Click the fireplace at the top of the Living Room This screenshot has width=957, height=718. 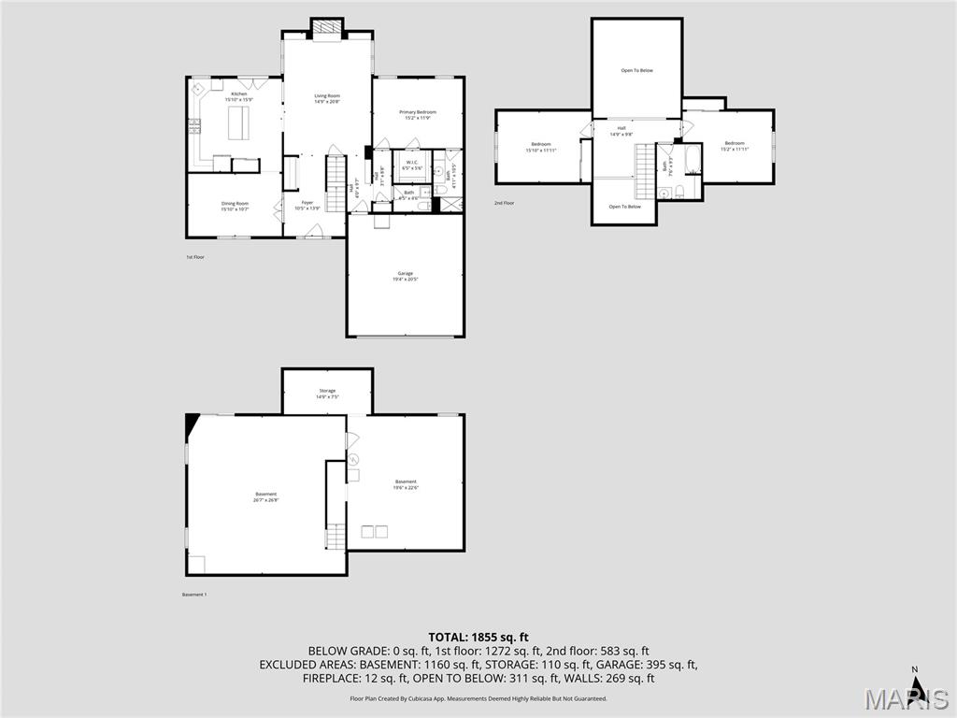[327, 29]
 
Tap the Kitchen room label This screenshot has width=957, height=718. [239, 94]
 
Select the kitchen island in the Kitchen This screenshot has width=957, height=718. [239, 122]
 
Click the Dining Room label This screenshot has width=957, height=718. [235, 203]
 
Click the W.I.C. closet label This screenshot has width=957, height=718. [411, 163]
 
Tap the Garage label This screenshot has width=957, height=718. [405, 274]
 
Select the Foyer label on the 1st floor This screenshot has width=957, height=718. [307, 203]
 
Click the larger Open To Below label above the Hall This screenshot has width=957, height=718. [636, 70]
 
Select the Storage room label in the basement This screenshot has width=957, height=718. [326, 391]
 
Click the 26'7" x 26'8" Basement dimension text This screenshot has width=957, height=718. [265, 500]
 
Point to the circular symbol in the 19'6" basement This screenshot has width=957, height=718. [353, 459]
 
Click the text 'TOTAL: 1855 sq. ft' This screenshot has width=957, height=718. [478, 637]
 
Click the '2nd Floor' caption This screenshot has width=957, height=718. [505, 203]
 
